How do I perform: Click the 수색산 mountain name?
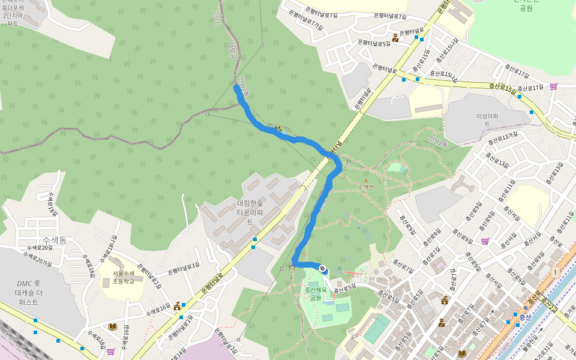[x=366, y=187]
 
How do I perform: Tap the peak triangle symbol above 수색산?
[x=366, y=179]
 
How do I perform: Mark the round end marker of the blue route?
[x=323, y=269]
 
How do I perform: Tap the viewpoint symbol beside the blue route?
[x=278, y=128]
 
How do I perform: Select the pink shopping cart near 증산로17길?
[x=553, y=86]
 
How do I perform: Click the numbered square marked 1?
[x=555, y=272]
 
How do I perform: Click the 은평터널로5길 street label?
[x=374, y=43]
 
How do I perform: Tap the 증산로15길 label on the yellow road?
[x=502, y=89]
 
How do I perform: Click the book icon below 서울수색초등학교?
[x=112, y=326]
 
